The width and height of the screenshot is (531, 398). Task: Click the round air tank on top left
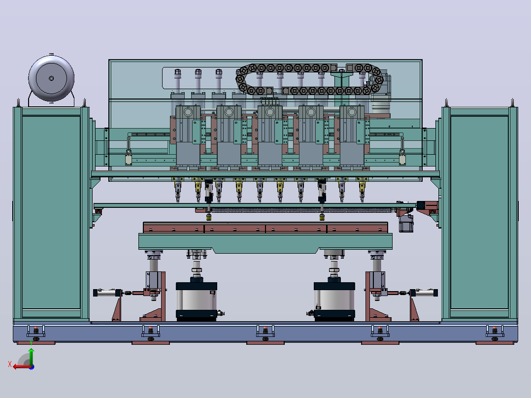[51, 79]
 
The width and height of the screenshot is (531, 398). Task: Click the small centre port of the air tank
[51, 79]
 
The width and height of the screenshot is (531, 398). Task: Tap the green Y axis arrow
[31, 356]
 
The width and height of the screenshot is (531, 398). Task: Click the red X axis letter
[9, 364]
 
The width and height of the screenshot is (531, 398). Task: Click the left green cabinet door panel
[51, 212]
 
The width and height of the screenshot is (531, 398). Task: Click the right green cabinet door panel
[479, 212]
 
